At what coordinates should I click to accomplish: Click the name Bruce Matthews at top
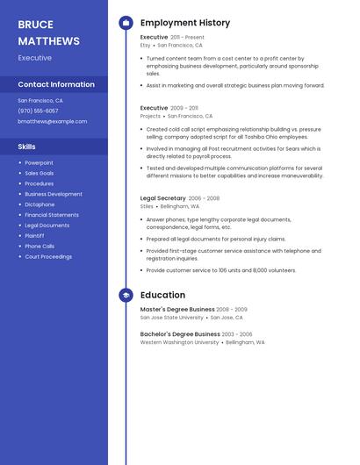coord(48,32)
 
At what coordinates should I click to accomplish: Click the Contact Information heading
coord(56,84)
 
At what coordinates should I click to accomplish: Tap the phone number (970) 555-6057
coord(38,111)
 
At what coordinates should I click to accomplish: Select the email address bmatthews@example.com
coord(53,121)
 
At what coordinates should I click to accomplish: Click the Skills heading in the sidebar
coord(27,147)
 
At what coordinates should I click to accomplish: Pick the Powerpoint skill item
coord(39,162)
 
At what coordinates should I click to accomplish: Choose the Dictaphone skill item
coord(40,204)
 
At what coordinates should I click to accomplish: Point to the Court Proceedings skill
coord(48,257)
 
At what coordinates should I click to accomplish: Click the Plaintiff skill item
coord(34,236)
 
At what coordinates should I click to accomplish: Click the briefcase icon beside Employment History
coord(126,23)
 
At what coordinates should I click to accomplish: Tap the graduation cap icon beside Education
coord(126,296)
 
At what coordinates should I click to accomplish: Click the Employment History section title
coord(185,23)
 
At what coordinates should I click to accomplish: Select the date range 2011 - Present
coord(187,37)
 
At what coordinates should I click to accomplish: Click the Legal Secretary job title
coord(163,198)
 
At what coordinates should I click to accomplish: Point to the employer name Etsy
coord(146,45)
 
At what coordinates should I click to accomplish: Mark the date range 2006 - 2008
coord(205,198)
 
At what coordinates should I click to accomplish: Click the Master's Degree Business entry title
coord(177,310)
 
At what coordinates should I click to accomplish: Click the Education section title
coord(162,296)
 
